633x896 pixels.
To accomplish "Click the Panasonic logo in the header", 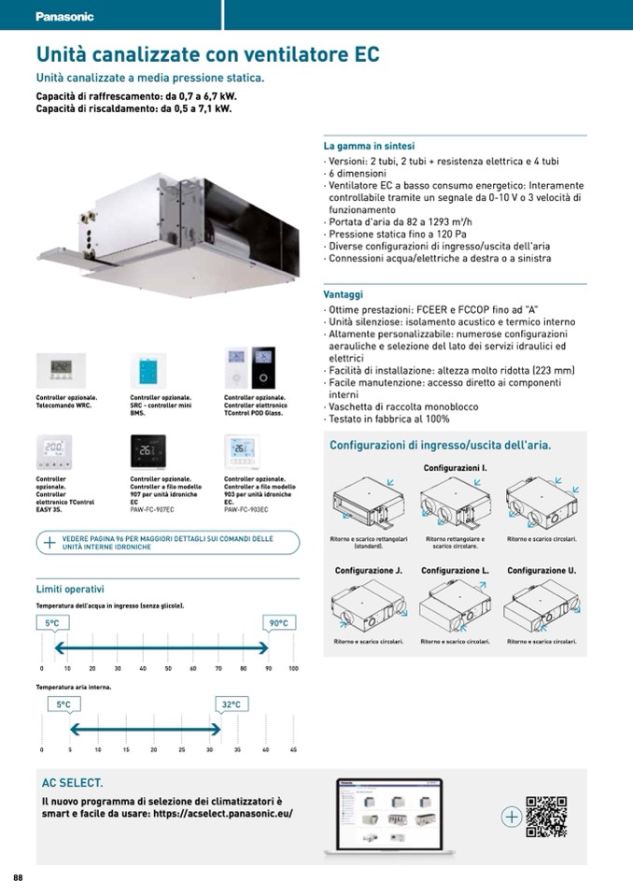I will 64,17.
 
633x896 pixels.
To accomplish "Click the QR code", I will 546,816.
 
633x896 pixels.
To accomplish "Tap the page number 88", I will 18,876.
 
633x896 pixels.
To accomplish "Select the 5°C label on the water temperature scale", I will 52,622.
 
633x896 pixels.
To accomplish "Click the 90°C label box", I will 278,622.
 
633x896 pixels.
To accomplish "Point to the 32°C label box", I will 231,704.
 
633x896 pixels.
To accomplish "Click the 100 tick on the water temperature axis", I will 293,669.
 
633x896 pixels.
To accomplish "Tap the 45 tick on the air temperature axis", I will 293,750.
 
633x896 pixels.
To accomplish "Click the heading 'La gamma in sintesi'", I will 369,147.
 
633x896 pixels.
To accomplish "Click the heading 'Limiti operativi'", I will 70,589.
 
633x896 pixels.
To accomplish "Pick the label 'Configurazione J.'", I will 368,570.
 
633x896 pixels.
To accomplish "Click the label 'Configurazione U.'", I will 542,570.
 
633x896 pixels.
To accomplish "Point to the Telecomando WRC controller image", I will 60,369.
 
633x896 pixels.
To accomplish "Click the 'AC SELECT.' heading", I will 72,782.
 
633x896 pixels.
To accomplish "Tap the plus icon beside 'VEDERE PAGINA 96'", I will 49,542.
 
